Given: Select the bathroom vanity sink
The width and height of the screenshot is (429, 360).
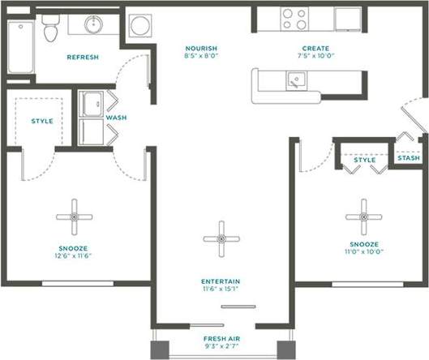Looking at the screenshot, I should point(88,24).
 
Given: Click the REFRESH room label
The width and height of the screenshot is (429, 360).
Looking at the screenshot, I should point(82,58).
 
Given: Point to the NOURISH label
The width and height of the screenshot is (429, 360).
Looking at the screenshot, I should point(200,49).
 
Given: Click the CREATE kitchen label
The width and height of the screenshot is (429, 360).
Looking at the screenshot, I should point(315,49).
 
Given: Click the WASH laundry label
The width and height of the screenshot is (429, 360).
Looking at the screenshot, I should point(116,118).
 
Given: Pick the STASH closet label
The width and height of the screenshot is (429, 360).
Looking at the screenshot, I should point(409,158).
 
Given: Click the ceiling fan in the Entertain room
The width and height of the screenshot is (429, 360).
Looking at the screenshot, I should point(220,238).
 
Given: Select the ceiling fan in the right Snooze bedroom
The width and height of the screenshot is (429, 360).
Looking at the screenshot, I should point(362,216).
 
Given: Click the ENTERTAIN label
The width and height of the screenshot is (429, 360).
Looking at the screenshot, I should point(220,282).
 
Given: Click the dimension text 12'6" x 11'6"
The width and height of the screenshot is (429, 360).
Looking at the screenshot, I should point(73,255).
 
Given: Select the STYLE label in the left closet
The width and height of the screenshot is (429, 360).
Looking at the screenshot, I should point(42,121).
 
